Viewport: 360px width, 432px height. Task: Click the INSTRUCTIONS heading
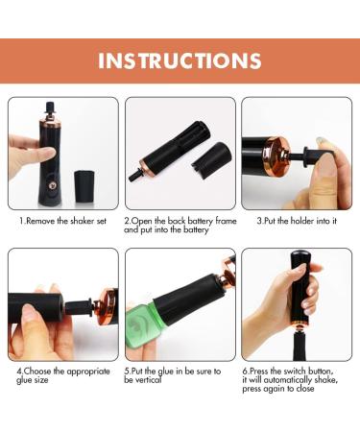(x=180, y=60)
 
